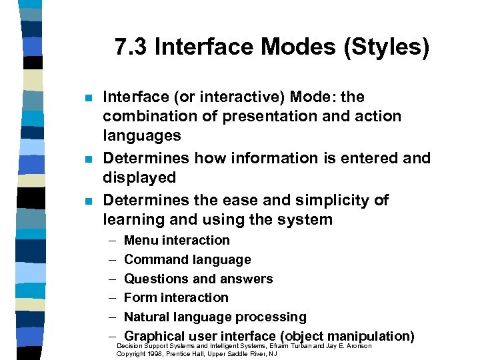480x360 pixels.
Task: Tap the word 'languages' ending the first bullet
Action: [x=141, y=136]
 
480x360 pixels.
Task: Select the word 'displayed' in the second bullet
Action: [x=139, y=178]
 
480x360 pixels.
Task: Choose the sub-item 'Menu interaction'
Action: [x=177, y=240]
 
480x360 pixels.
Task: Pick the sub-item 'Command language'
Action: [x=187, y=259]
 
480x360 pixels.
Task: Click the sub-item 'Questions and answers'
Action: [x=198, y=279]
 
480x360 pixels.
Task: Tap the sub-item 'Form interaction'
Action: [x=176, y=297]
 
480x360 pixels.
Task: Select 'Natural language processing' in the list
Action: [x=215, y=317]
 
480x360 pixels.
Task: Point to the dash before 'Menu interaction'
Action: [x=109, y=241]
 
